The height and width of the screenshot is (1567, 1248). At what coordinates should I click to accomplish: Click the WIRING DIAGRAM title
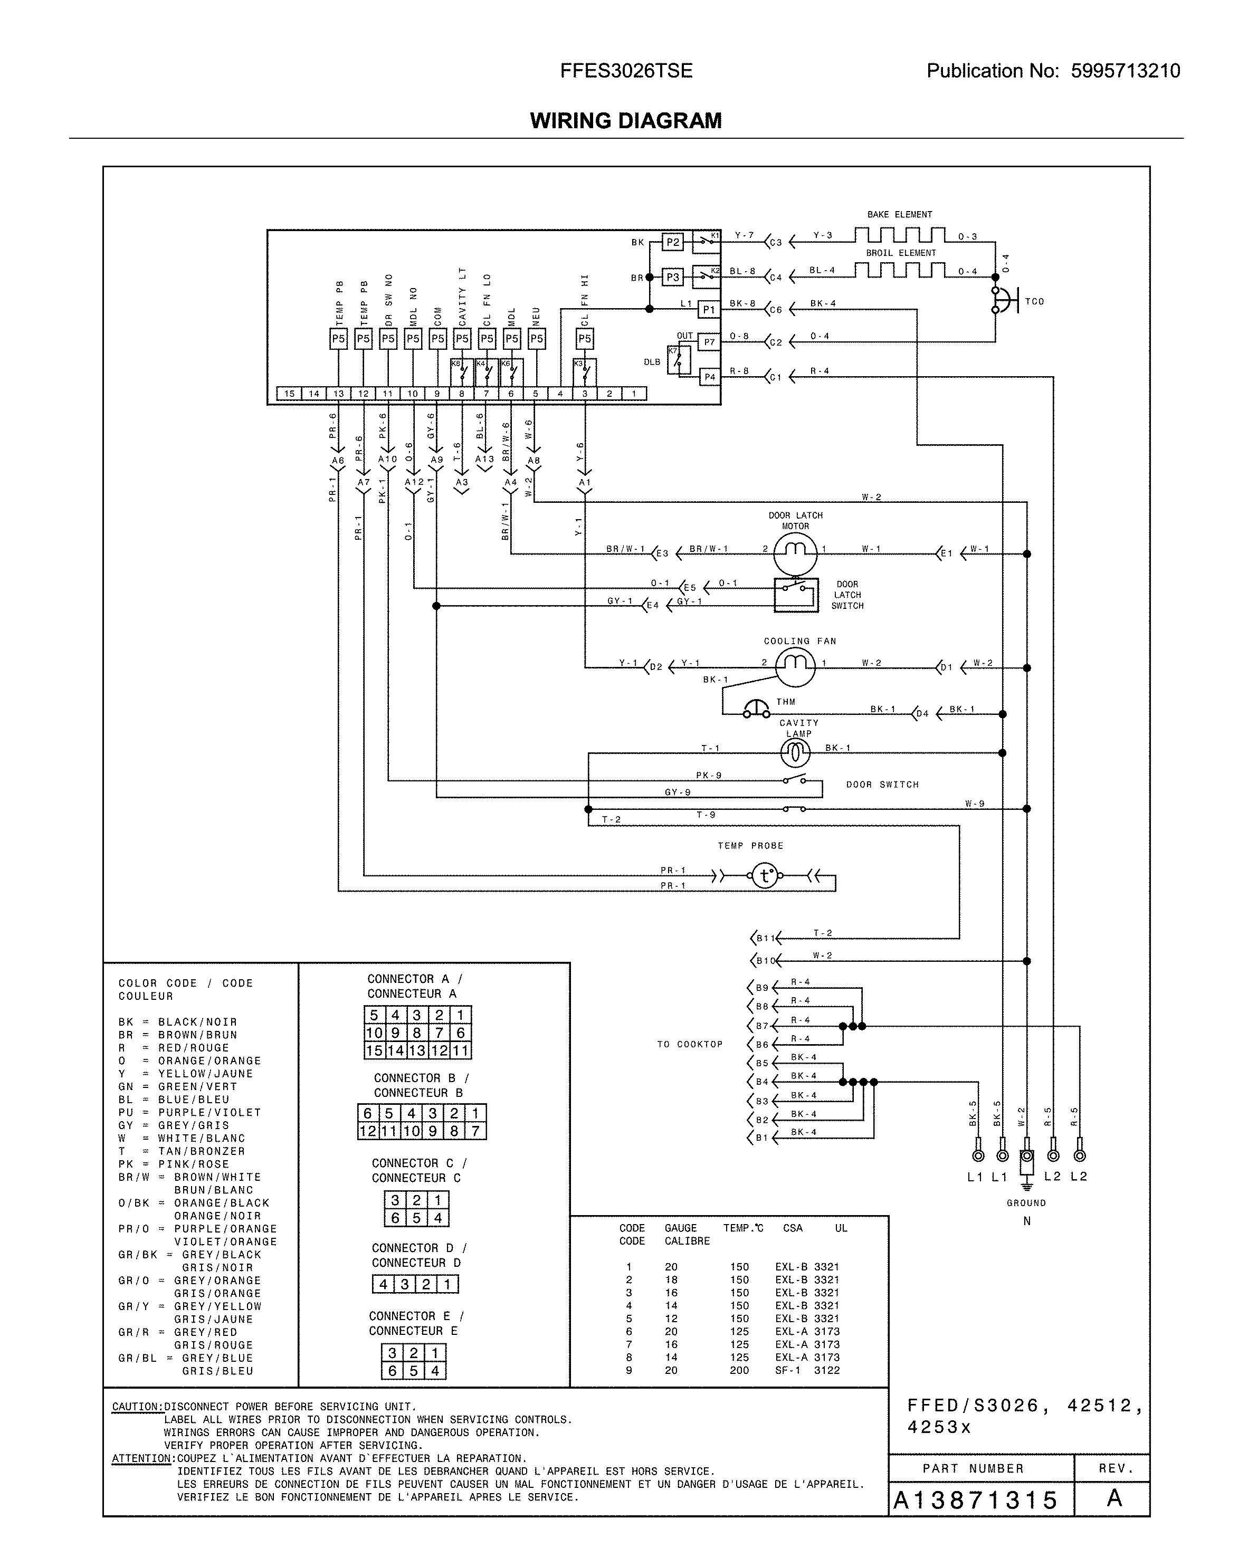point(625,121)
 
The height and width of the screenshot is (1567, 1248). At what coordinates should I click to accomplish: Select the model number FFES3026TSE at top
point(626,71)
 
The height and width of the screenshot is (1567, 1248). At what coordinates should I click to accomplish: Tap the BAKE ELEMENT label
point(899,214)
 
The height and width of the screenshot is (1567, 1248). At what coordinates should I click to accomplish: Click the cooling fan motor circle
point(795,666)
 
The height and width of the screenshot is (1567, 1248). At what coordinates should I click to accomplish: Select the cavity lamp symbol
point(795,754)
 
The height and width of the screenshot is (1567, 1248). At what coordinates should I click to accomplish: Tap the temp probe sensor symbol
point(764,876)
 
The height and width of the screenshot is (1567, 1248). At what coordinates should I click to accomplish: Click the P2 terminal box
point(673,242)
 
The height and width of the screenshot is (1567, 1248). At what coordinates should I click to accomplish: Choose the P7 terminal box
point(709,341)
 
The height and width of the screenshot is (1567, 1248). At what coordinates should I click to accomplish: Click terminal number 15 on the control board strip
point(289,394)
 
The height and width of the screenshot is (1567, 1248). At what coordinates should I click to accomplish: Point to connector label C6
point(776,310)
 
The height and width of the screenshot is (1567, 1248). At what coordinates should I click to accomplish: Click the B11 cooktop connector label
point(765,938)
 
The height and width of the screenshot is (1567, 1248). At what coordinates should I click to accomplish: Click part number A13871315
point(975,1500)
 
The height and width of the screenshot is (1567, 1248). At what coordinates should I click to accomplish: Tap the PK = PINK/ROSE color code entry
point(174,1163)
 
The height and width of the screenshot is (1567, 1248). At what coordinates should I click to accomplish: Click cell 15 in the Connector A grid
point(374,1050)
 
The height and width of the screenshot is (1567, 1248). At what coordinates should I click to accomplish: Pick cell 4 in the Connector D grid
point(383,1284)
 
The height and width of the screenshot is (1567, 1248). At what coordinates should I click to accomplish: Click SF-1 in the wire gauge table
point(786,1370)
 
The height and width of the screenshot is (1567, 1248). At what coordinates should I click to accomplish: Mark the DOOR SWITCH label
point(882,784)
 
